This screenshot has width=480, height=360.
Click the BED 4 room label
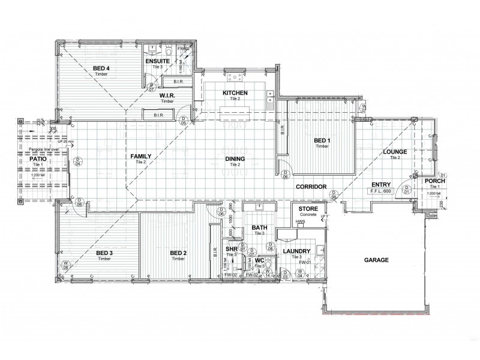[101, 68]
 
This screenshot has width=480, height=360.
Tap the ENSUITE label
[157, 61]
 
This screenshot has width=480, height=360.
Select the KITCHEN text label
[235, 93]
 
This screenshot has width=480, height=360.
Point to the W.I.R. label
[167, 95]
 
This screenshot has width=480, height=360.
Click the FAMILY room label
[141, 156]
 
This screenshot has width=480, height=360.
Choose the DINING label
[235, 158]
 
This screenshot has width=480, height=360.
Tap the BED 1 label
[323, 140]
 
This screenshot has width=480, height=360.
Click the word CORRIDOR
[311, 187]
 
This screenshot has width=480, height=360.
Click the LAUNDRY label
[296, 251]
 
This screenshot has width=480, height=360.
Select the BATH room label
[259, 227]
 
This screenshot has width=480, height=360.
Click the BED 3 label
[104, 253]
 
